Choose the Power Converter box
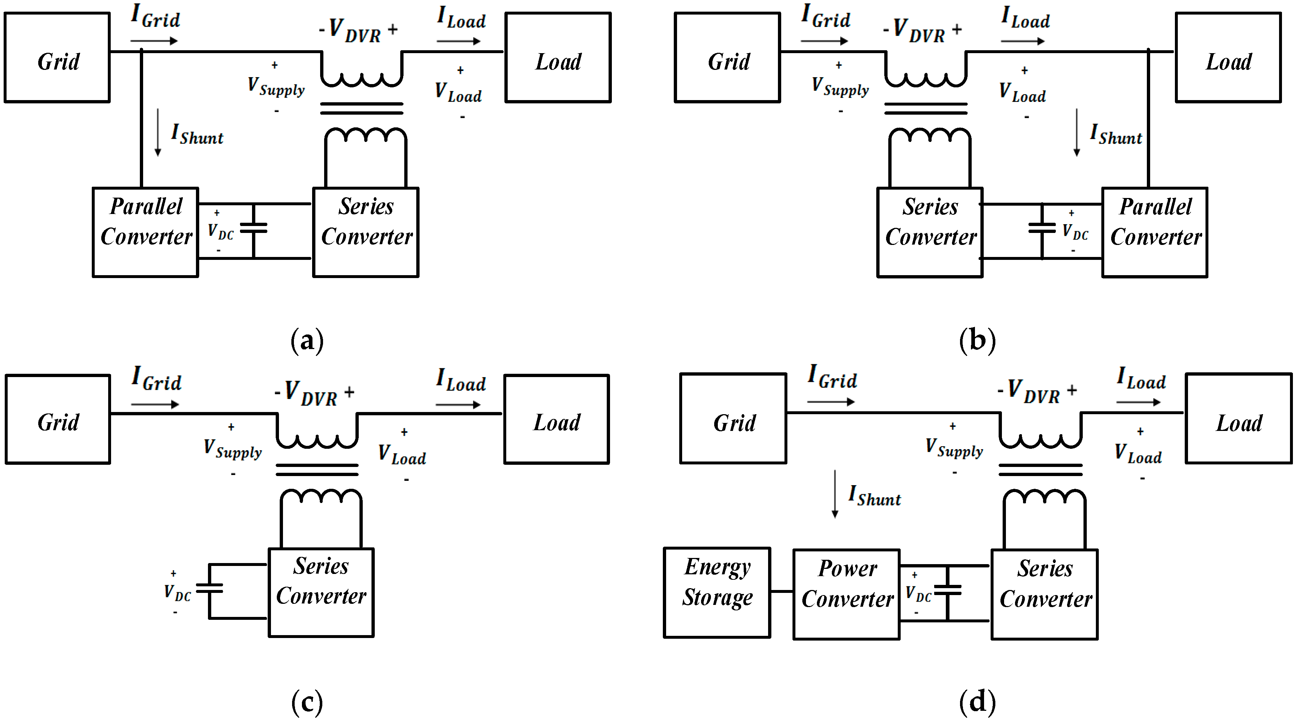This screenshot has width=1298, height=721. pyautogui.click(x=846, y=594)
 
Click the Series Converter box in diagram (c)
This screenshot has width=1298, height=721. pyautogui.click(x=321, y=593)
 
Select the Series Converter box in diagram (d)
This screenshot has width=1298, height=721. pyautogui.click(x=1044, y=594)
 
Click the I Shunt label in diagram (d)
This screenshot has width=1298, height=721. pyautogui.click(x=874, y=496)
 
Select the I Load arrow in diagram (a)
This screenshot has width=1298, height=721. pyautogui.click(x=458, y=41)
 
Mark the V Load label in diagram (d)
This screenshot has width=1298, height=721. pyautogui.click(x=1138, y=453)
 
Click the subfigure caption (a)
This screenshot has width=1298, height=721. pyautogui.click(x=307, y=341)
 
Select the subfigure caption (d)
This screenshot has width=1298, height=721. pyautogui.click(x=977, y=701)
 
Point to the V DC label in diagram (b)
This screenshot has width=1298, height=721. pyautogui.click(x=1074, y=232)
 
